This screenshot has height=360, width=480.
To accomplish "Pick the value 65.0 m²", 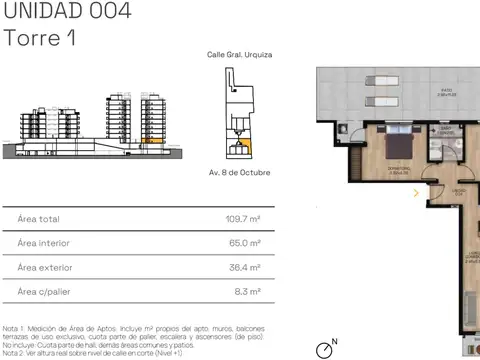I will [x=245, y=243].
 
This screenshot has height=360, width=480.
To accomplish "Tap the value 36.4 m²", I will [x=245, y=267].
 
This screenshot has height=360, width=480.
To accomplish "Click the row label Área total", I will [x=38, y=218].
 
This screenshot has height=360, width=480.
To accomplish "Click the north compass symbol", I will [x=324, y=348].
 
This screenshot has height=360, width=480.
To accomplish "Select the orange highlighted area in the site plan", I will [x=242, y=148].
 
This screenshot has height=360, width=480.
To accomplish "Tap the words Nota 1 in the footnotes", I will [x=13, y=327].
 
